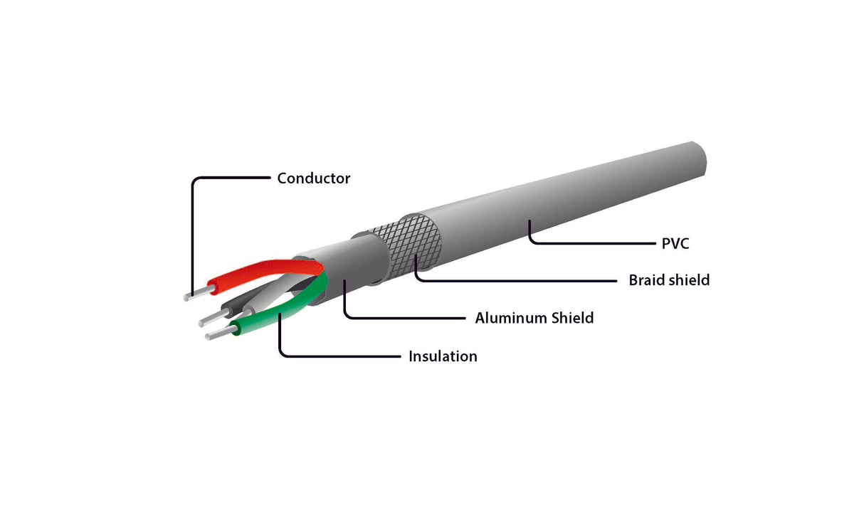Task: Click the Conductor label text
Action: (x=313, y=178)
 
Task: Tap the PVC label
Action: (x=675, y=244)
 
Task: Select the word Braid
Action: (x=648, y=280)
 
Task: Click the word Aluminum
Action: (x=511, y=318)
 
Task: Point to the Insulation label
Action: (x=442, y=356)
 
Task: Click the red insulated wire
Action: (x=256, y=272)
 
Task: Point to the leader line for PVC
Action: (x=591, y=244)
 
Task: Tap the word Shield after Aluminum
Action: (x=573, y=318)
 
